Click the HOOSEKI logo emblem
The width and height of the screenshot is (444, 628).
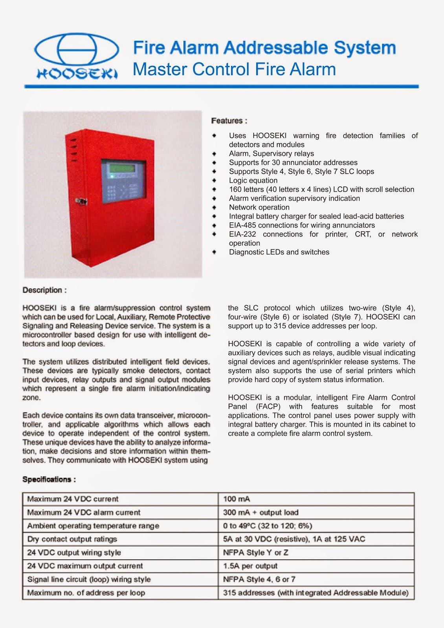click(x=76, y=49)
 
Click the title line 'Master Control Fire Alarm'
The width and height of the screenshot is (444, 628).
click(x=234, y=69)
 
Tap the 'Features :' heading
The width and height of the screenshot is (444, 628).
click(x=229, y=121)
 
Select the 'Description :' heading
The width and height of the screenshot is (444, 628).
click(x=44, y=290)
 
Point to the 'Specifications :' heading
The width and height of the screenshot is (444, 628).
click(x=49, y=479)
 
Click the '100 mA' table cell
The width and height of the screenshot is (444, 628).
click(x=237, y=499)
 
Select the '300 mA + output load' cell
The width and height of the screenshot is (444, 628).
click(x=261, y=512)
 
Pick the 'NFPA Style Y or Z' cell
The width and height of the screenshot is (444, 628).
click(x=256, y=553)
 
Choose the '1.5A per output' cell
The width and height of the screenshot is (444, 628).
click(x=250, y=566)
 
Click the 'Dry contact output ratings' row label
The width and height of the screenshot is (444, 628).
click(x=72, y=539)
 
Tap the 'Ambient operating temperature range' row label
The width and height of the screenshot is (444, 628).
click(x=93, y=526)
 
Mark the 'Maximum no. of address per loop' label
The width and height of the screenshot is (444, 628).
click(x=86, y=593)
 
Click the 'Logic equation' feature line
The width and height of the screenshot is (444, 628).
click(x=253, y=181)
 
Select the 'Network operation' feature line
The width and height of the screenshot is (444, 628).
click(x=259, y=207)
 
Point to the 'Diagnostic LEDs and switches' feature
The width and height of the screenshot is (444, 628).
click(x=279, y=252)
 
